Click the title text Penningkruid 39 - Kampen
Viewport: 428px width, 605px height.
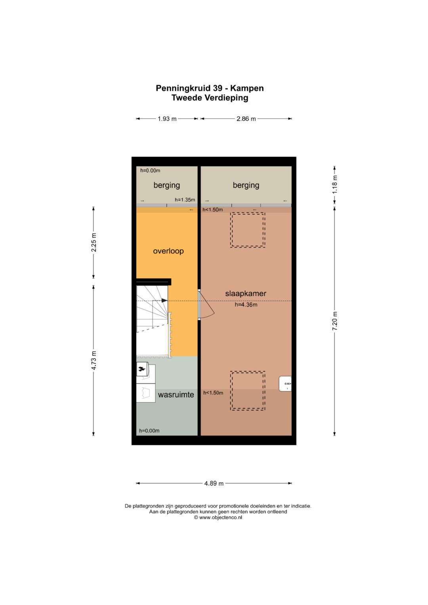click(210, 88)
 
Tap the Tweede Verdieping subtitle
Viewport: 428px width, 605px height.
click(210, 97)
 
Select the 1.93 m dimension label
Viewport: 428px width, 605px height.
click(167, 119)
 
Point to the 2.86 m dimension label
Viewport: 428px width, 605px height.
click(246, 119)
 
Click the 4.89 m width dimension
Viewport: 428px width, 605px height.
click(214, 483)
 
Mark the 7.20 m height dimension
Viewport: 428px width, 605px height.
click(334, 321)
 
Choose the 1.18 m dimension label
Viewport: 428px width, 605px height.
click(334, 185)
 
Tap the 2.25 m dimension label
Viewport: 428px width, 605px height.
click(94, 242)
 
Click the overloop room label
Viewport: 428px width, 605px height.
click(168, 251)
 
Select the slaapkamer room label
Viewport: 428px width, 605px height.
click(246, 293)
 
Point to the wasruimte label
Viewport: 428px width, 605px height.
click(176, 395)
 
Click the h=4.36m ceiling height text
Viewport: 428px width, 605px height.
click(246, 305)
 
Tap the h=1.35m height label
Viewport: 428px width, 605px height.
click(185, 200)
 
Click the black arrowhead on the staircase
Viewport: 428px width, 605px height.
click(164, 300)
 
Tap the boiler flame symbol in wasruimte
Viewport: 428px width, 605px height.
click(141, 369)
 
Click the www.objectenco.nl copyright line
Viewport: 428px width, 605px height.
click(218, 517)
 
